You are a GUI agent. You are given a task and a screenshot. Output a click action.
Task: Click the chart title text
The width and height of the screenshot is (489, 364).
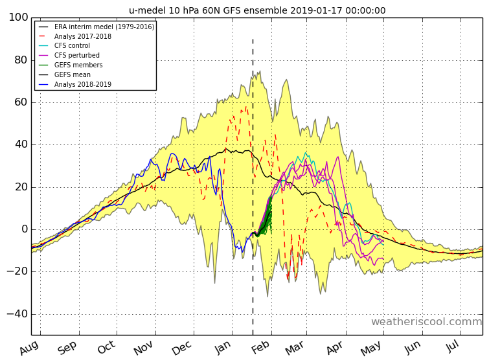point(257,10)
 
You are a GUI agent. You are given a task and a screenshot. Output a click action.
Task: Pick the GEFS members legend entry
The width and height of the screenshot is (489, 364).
point(78,65)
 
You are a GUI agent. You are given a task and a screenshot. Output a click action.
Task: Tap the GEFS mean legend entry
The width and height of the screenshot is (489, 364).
point(73,75)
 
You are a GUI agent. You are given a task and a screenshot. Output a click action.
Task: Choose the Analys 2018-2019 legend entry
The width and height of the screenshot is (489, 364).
point(82,85)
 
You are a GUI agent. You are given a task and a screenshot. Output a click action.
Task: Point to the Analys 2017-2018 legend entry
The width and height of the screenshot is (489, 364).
point(82,36)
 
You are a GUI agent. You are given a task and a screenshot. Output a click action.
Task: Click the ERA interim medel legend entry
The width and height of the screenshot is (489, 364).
point(104,27)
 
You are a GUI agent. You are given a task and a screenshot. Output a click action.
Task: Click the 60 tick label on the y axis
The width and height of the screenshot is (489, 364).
point(20,102)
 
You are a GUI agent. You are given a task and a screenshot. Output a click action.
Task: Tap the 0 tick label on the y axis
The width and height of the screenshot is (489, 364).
point(25,229)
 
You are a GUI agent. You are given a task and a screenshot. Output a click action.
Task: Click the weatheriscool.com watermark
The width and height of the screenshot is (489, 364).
point(426,322)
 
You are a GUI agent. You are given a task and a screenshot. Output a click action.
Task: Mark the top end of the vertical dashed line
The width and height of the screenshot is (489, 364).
point(253,40)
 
